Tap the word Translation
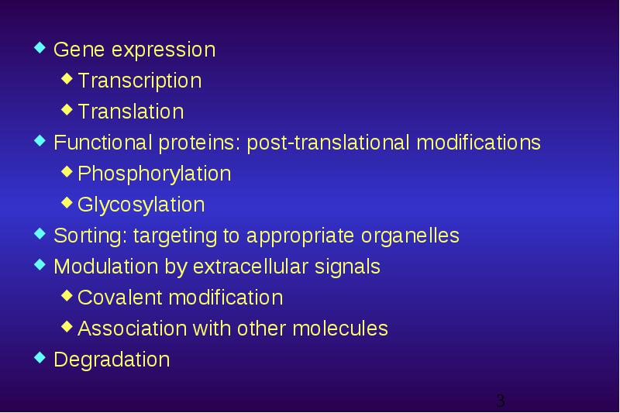click(x=131, y=111)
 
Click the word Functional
click(x=103, y=143)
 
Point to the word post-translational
click(x=328, y=143)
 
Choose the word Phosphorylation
click(x=154, y=174)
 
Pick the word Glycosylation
click(x=141, y=205)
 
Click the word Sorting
click(x=91, y=236)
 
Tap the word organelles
click(x=410, y=236)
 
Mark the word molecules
click(x=340, y=329)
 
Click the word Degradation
click(x=112, y=360)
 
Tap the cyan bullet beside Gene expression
click(x=40, y=47)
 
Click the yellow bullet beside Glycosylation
click(x=67, y=203)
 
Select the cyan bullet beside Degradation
click(x=40, y=357)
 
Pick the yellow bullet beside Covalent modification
click(x=67, y=295)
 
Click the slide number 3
click(x=501, y=401)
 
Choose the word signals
click(x=347, y=267)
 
